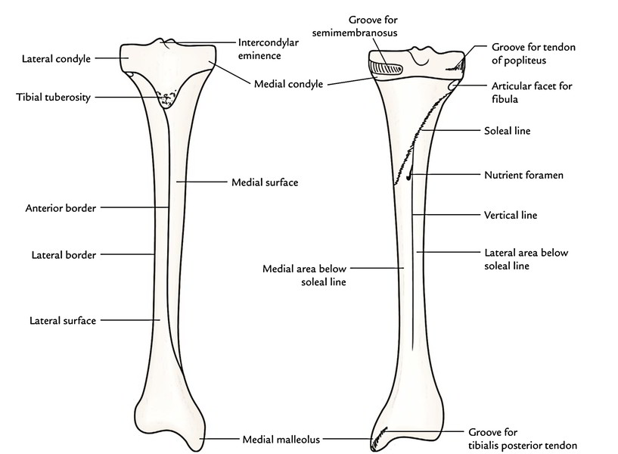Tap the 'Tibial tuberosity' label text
point(49,97)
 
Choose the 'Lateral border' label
point(64,255)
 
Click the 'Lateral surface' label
point(63,320)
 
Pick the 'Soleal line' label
point(507,131)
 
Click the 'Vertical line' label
point(511,215)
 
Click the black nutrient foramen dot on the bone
point(408,179)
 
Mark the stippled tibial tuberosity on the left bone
point(166,99)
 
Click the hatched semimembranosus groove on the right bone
point(391,67)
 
